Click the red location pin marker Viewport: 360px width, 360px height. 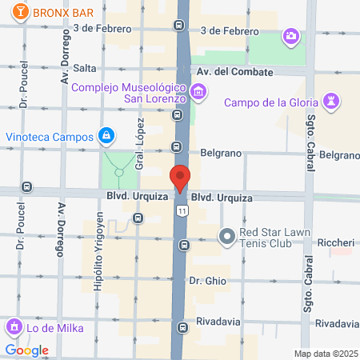[180, 178]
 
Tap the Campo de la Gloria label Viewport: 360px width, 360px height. [274, 102]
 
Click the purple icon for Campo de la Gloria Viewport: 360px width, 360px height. [330, 101]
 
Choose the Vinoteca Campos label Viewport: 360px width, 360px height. [50, 137]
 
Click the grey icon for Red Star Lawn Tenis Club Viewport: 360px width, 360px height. [226, 235]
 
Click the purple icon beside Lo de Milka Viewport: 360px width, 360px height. [14, 327]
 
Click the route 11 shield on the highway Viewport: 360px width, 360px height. [182, 210]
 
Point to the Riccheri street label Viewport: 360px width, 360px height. [336, 242]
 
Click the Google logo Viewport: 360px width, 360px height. [26, 350]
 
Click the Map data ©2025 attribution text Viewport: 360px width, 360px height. [325, 354]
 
